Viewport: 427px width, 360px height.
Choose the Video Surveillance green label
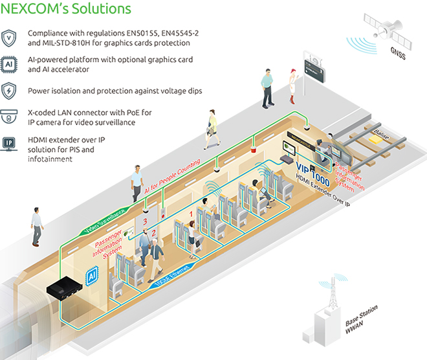[103, 222]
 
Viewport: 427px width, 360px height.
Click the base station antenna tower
[327, 304]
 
